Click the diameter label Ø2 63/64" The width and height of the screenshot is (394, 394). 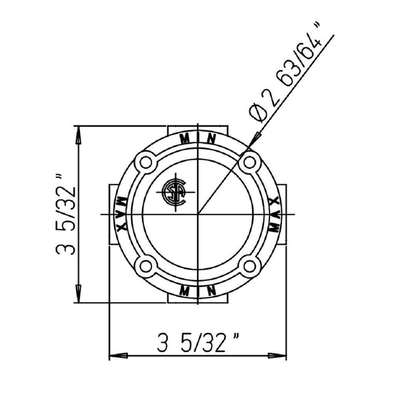[x=286, y=78]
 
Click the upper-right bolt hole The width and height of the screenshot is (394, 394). [x=249, y=163]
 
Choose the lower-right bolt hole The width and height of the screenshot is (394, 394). [x=249, y=265]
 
